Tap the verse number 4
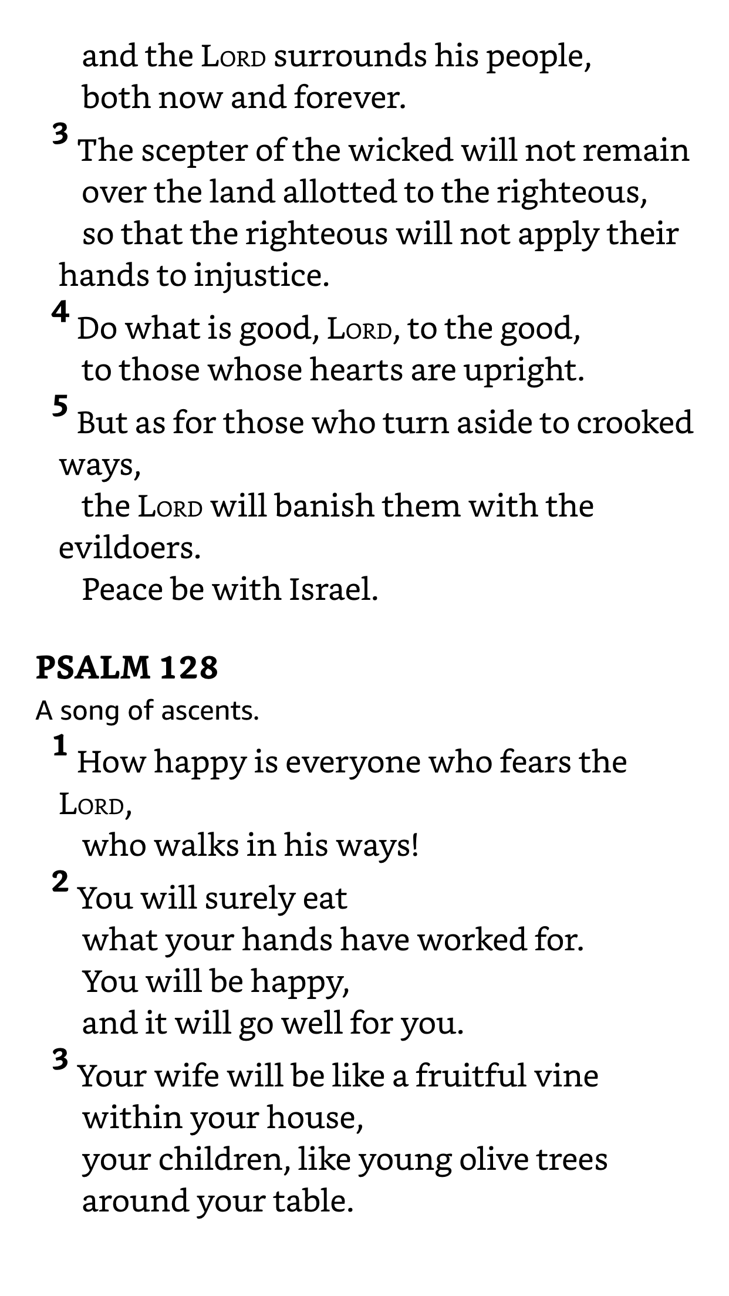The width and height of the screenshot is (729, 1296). pyautogui.click(x=60, y=312)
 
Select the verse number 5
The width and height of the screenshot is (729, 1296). pyautogui.click(x=60, y=406)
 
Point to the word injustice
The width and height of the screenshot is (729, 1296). pyautogui.click(x=261, y=275)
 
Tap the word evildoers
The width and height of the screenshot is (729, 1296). pyautogui.click(x=129, y=548)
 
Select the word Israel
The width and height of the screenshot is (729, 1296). pyautogui.click(x=333, y=589)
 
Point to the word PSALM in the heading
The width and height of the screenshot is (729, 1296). pyautogui.click(x=93, y=667)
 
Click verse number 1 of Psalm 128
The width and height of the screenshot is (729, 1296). pyautogui.click(x=60, y=746)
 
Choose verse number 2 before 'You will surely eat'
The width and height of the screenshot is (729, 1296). pyautogui.click(x=60, y=882)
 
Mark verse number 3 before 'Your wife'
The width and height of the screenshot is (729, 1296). pyautogui.click(x=60, y=1060)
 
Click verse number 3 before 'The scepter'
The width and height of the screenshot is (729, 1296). pyautogui.click(x=60, y=134)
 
